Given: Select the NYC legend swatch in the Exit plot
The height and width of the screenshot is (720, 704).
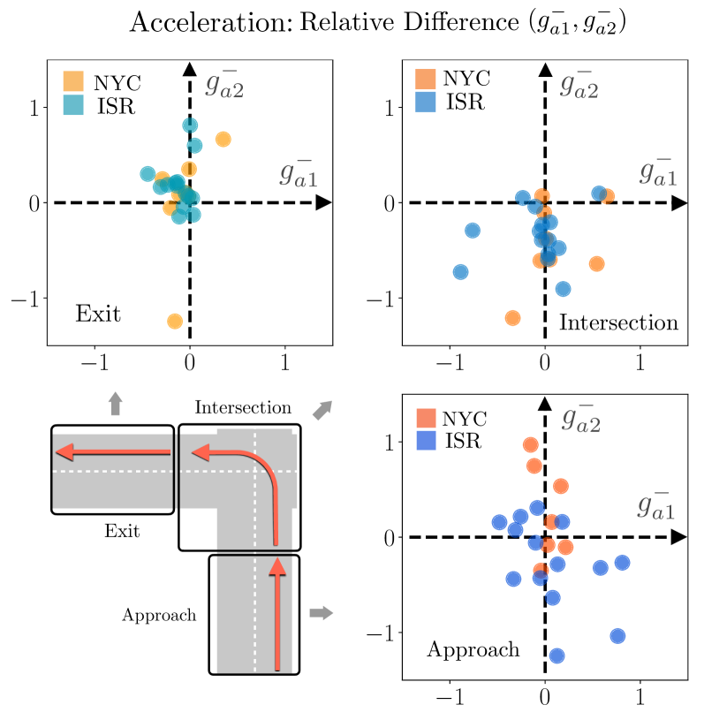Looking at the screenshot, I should (72, 82).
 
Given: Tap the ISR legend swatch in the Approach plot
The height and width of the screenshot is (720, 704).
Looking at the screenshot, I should (428, 439).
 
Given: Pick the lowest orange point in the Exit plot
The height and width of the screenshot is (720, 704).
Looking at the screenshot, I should (175, 321).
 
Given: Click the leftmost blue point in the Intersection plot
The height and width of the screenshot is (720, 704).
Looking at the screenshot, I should (460, 271).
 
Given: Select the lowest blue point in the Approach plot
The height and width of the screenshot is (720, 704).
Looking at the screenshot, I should (556, 656).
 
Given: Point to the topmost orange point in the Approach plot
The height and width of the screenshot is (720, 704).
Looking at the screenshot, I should (530, 444).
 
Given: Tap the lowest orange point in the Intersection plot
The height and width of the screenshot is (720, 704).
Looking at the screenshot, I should (512, 317).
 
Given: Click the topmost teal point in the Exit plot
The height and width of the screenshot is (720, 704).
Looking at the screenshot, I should (190, 125).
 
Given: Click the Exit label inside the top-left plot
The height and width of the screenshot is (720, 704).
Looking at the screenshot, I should (98, 314).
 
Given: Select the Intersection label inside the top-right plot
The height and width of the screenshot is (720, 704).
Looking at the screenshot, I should (618, 323).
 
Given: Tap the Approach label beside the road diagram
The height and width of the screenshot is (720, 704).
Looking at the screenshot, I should (159, 615).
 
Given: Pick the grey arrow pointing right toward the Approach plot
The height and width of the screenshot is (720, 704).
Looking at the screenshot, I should (322, 612).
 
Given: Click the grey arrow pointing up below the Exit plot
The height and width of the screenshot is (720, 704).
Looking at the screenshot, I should (115, 404).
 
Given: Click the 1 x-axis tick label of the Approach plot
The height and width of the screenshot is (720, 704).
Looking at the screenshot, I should (640, 697).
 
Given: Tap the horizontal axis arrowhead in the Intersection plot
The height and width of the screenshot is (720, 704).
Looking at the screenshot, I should (678, 203).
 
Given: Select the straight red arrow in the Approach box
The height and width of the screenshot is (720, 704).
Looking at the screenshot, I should (278, 618).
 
